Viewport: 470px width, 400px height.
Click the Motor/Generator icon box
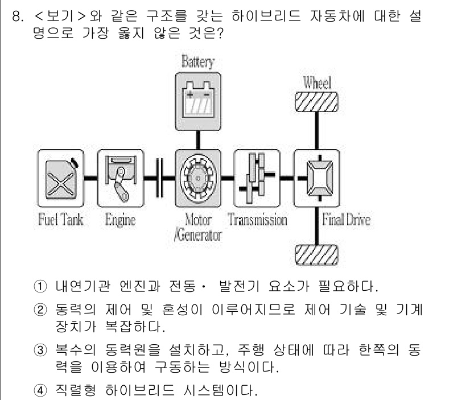point(197,178)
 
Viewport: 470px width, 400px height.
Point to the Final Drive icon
point(316,178)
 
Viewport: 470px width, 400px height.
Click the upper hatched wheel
point(316,103)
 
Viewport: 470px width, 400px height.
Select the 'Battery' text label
point(197,61)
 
